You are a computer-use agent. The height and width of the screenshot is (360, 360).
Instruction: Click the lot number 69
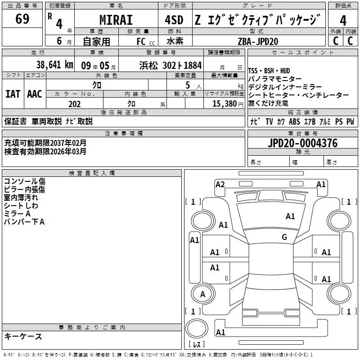[x=22, y=18]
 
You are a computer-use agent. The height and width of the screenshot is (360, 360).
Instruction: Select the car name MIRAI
[x=116, y=20]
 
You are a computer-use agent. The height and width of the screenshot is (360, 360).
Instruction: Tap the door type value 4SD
[x=174, y=20]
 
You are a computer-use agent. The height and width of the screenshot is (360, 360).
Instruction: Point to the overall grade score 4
[x=343, y=20]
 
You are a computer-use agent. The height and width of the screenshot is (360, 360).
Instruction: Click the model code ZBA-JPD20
[x=258, y=41]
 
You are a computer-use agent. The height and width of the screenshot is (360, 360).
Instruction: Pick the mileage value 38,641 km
[x=54, y=65]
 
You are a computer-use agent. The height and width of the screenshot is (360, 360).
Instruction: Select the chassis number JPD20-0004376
[x=302, y=143]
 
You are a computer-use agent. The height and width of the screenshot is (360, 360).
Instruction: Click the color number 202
[x=74, y=104]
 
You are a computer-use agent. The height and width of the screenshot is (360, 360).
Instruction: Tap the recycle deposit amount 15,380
[x=224, y=104]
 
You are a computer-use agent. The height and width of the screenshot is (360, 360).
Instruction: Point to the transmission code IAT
[x=13, y=94]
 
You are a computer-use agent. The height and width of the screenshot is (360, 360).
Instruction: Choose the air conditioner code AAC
[x=35, y=94]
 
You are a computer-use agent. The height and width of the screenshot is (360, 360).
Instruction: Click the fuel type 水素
[x=175, y=41]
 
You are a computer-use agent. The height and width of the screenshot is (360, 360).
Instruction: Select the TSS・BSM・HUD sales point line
[x=269, y=71]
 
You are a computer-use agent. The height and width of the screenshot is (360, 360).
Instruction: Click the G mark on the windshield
[x=284, y=237]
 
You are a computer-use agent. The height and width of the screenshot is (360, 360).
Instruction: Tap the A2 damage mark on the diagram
[x=220, y=184]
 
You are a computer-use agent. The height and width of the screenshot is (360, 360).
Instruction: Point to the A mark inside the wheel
[x=202, y=294]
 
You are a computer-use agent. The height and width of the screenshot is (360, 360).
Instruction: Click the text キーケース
[x=23, y=336]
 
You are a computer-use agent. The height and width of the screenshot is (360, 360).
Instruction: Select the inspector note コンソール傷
[x=25, y=181]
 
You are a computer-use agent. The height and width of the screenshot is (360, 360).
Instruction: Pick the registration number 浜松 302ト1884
[x=171, y=65]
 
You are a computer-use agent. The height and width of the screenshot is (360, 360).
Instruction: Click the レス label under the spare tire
[x=197, y=344]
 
